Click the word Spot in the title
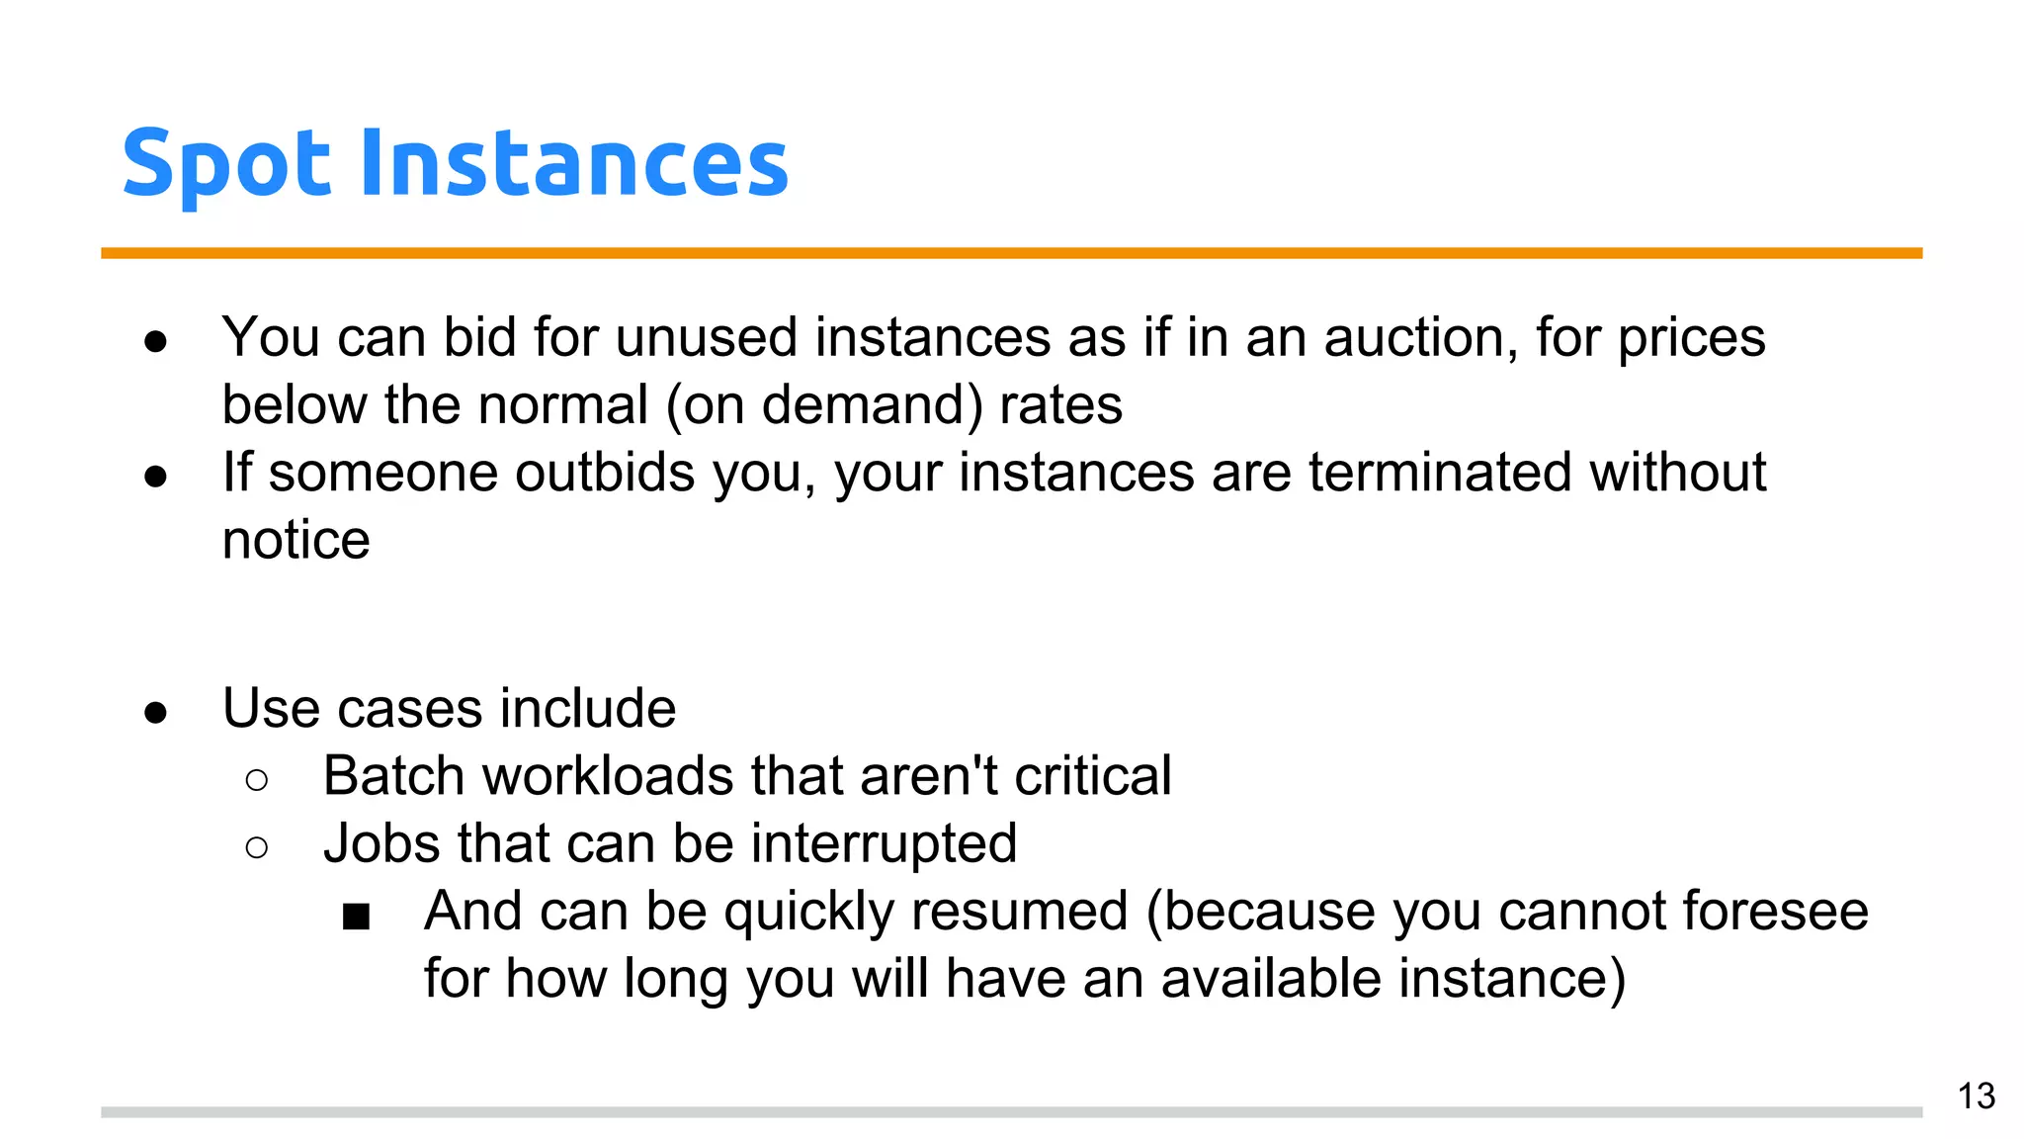[225, 164]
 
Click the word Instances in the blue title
[573, 162]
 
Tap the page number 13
[1976, 1096]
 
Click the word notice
[295, 541]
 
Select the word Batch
[393, 776]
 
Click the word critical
[1092, 776]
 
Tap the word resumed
[1019, 911]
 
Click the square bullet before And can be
[356, 917]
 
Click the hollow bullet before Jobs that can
[256, 847]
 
